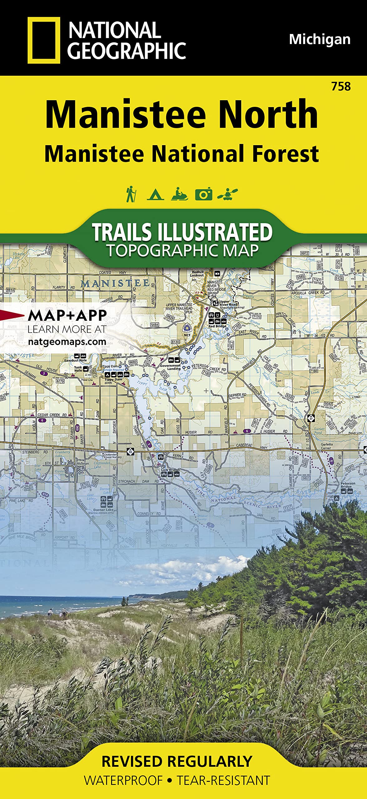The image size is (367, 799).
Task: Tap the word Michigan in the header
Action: point(320,40)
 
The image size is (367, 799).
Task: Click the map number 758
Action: point(341,86)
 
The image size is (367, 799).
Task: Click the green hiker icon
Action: point(130,194)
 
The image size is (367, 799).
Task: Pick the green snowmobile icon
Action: point(179,194)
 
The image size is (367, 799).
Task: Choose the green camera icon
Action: point(203,194)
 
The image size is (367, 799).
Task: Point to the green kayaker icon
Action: point(228,194)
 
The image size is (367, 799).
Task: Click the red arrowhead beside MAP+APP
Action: point(9,315)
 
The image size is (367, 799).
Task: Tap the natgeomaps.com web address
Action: point(67,342)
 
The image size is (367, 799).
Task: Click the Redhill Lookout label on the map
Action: point(198,274)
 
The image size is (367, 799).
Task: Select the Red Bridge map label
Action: point(217,326)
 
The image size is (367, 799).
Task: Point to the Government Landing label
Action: point(170,367)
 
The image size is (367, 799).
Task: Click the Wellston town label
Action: point(82,463)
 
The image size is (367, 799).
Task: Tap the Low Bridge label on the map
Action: point(170,470)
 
